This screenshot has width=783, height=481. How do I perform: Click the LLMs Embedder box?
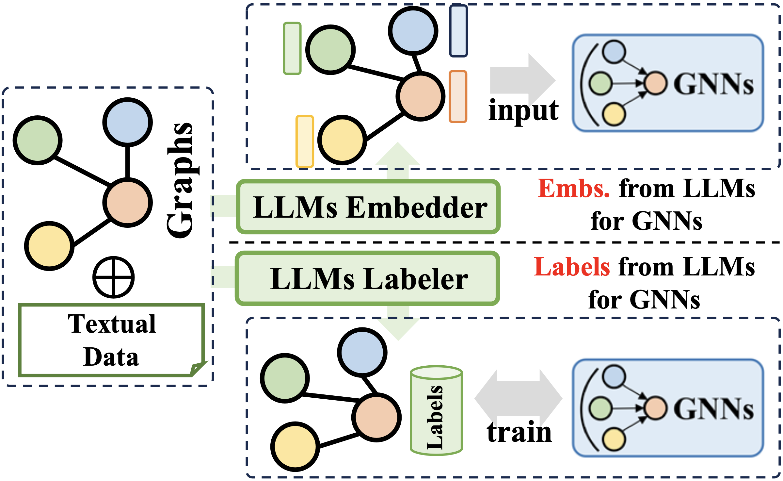(368, 207)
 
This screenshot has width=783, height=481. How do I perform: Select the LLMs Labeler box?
(367, 278)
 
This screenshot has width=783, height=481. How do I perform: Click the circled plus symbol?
(113, 277)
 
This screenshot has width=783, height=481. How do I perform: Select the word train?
(519, 432)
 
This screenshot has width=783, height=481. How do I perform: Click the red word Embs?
(573, 189)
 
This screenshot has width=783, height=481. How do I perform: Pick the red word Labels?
(572, 267)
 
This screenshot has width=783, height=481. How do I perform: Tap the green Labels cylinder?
(436, 410)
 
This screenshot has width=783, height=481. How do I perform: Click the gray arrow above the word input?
(522, 79)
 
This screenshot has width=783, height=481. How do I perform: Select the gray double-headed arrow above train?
(518, 398)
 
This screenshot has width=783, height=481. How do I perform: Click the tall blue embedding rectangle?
(458, 31)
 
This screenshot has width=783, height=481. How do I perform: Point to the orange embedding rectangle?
(458, 97)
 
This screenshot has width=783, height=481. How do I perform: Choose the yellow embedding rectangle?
(305, 141)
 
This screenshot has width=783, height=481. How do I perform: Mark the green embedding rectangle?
(292, 48)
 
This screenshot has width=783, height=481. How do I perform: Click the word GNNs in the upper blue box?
(714, 84)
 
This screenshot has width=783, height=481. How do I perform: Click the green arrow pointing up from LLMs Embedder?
(398, 160)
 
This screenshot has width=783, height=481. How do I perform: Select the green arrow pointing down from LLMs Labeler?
(398, 323)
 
